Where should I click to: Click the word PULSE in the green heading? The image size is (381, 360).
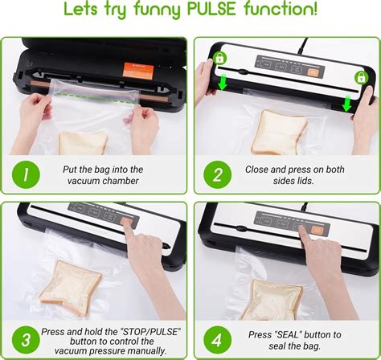coord(211,9)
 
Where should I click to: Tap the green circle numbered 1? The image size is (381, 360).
coord(26,174)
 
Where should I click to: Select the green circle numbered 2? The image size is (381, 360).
coord(217,174)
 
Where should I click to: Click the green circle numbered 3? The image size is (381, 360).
coord(26,340)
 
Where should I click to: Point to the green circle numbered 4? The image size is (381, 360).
coord(217,340)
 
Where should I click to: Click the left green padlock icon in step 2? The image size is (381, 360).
coord(219,58)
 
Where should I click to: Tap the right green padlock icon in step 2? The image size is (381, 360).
coord(361,77)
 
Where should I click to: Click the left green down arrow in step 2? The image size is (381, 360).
coord(223,83)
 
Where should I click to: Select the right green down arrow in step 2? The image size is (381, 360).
coord(347,103)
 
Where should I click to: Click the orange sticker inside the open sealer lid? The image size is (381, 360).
coord(138,71)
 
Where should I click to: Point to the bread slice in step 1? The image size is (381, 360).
coord(84,143)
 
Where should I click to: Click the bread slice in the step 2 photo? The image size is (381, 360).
coord(279,133)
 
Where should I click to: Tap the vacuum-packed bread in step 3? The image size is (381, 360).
coord(71,288)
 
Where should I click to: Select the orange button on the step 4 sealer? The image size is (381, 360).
coord(317,230)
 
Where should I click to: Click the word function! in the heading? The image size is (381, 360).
coord(281,9)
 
